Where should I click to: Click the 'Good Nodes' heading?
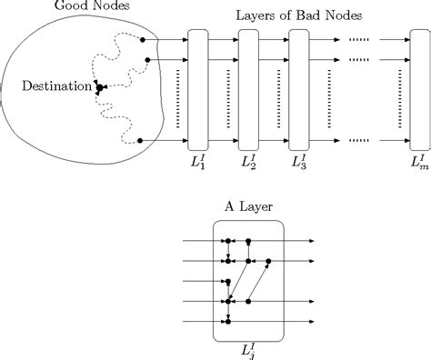(65, 6)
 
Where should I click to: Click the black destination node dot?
(99, 87)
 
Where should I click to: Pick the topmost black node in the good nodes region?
(143, 40)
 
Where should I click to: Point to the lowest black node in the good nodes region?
(140, 141)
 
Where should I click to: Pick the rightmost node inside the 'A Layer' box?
(268, 261)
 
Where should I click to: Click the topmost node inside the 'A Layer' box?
(229, 242)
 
